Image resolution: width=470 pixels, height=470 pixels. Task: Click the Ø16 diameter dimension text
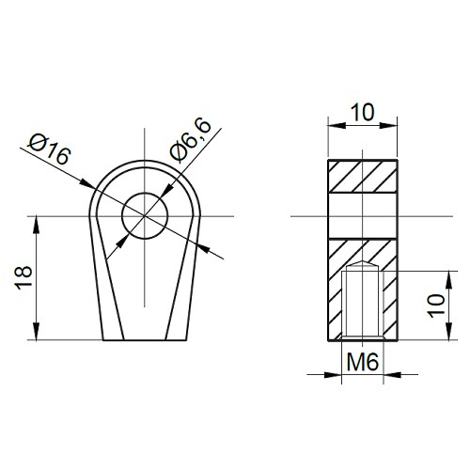click(x=50, y=149)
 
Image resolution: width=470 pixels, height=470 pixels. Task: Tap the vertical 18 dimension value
click(x=25, y=276)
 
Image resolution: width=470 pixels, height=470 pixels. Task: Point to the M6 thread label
click(x=361, y=361)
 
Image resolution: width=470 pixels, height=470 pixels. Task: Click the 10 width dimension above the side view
click(x=361, y=112)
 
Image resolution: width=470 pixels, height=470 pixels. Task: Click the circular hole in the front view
click(x=145, y=217)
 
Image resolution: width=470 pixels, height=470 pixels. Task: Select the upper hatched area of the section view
click(x=361, y=176)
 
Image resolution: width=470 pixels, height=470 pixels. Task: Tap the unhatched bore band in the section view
click(x=361, y=216)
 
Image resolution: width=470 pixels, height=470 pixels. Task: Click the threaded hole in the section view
click(x=361, y=305)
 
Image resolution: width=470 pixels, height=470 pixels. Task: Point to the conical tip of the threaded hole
click(x=361, y=265)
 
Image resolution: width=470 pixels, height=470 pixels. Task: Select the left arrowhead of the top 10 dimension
click(x=333, y=124)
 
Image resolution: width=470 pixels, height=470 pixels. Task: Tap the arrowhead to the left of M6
click(x=338, y=374)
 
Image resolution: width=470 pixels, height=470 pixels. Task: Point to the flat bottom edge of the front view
click(x=145, y=340)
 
